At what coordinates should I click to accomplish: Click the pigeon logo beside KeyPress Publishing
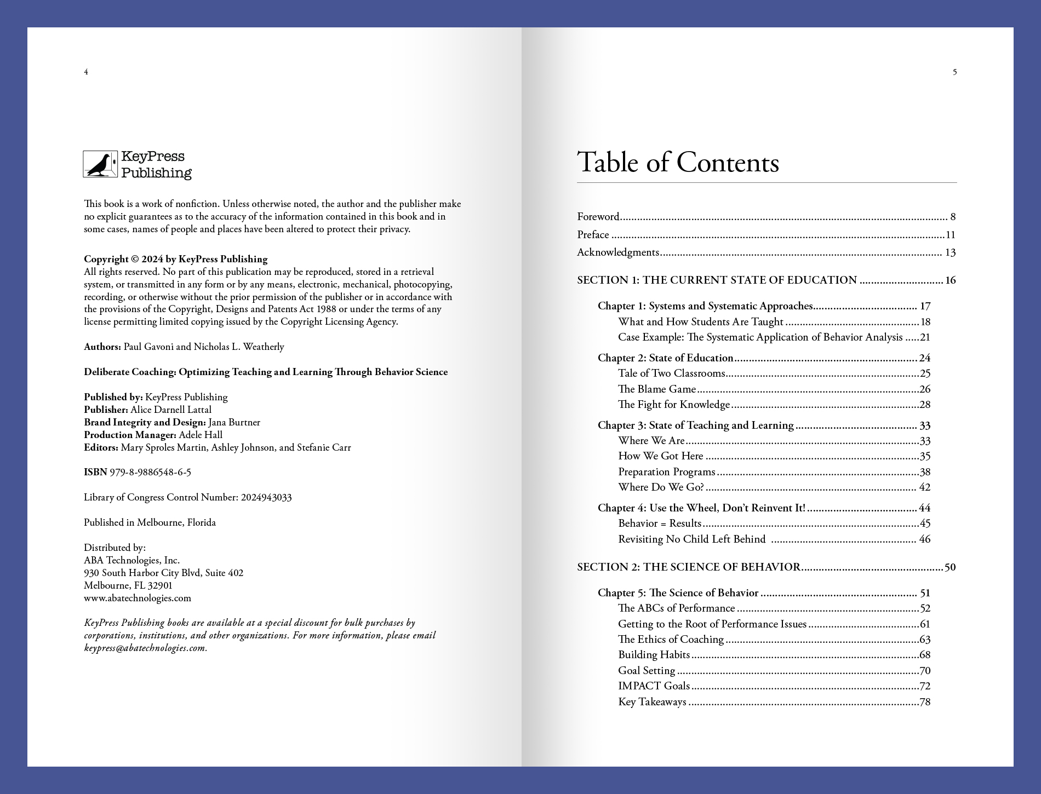coord(100,164)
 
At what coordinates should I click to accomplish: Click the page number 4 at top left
coord(86,72)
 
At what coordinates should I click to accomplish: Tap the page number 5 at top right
coord(954,72)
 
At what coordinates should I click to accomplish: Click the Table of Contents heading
coord(678,163)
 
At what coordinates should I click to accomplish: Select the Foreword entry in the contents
coord(598,216)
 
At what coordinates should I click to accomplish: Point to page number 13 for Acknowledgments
coord(950,252)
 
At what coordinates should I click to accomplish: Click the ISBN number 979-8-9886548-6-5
coord(150,472)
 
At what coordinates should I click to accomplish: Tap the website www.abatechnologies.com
coord(138,598)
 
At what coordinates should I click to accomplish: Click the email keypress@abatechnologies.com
coord(145,648)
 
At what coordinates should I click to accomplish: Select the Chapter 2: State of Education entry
coord(665,358)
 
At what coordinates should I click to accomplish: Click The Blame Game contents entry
coord(656,389)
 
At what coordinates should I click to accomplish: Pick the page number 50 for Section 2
coord(950,567)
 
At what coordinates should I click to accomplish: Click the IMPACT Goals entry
coord(654,686)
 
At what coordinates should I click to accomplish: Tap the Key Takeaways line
coord(652,702)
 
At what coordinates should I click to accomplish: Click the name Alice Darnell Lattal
coord(170,410)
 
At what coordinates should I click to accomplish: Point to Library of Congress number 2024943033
coord(266,497)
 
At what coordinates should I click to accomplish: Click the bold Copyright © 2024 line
coord(175,259)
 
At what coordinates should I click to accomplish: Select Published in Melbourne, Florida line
coord(150,522)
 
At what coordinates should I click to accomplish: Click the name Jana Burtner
coord(234,422)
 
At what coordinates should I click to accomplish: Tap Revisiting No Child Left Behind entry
coord(691,539)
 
